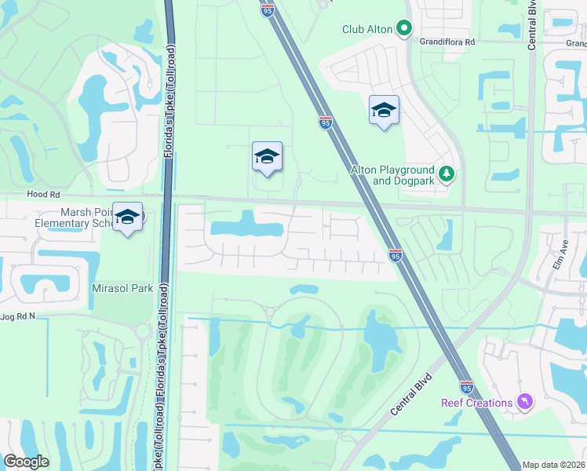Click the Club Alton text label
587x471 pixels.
tap(366, 29)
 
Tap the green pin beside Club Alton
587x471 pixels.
tap(404, 29)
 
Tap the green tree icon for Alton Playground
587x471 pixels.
tap(447, 173)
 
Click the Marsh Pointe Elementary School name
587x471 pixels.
tap(75, 217)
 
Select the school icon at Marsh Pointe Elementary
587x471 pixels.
tap(126, 218)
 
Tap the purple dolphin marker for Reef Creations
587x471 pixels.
tap(523, 403)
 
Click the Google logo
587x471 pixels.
tap(26, 462)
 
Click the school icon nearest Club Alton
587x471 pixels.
tap(384, 111)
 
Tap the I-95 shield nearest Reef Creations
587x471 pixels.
tap(466, 388)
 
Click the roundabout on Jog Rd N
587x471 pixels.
tap(143, 331)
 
